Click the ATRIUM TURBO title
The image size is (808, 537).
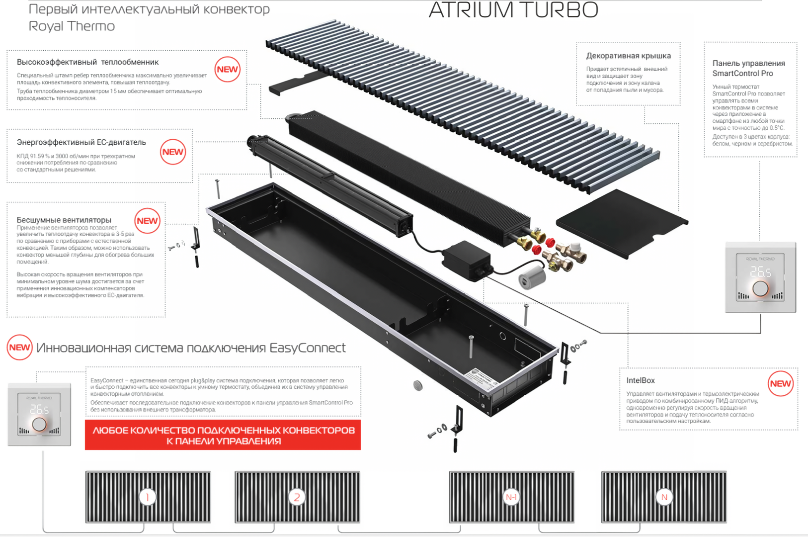[513, 10]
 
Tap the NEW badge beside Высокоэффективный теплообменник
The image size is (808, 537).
[228, 70]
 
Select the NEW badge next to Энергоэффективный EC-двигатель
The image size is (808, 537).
[173, 152]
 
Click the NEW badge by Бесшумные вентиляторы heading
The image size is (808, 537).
[147, 221]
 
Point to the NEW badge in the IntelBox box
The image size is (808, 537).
[780, 383]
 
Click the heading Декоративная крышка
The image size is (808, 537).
[628, 56]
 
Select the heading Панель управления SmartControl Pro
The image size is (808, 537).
[748, 68]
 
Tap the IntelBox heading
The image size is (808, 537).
[640, 380]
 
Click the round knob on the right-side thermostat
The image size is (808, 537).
[760, 289]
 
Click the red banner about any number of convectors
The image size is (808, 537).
[223, 435]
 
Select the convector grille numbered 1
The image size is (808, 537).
[148, 497]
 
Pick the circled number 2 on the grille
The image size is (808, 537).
[297, 497]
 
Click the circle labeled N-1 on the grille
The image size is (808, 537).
[511, 497]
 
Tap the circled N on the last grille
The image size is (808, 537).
[664, 497]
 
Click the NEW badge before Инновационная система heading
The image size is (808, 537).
[19, 348]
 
